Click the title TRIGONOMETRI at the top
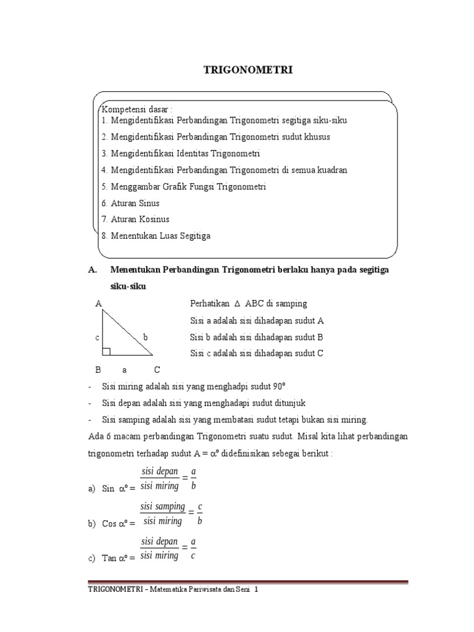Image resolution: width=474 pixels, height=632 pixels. [248, 70]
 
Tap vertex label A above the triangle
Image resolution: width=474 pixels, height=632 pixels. [98, 304]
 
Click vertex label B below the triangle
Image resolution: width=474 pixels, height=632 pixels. [98, 370]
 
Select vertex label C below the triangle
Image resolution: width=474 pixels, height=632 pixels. [157, 370]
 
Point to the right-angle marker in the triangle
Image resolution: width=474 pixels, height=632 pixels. [106, 352]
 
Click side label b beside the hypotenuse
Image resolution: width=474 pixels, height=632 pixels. [145, 337]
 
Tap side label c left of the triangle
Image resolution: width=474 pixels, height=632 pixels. [97, 338]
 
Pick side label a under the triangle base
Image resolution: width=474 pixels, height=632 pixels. [124, 370]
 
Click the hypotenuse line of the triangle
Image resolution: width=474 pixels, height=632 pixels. [128, 333]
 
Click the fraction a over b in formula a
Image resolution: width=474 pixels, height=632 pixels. [193, 478]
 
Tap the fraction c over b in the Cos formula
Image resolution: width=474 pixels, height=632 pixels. [199, 513]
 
